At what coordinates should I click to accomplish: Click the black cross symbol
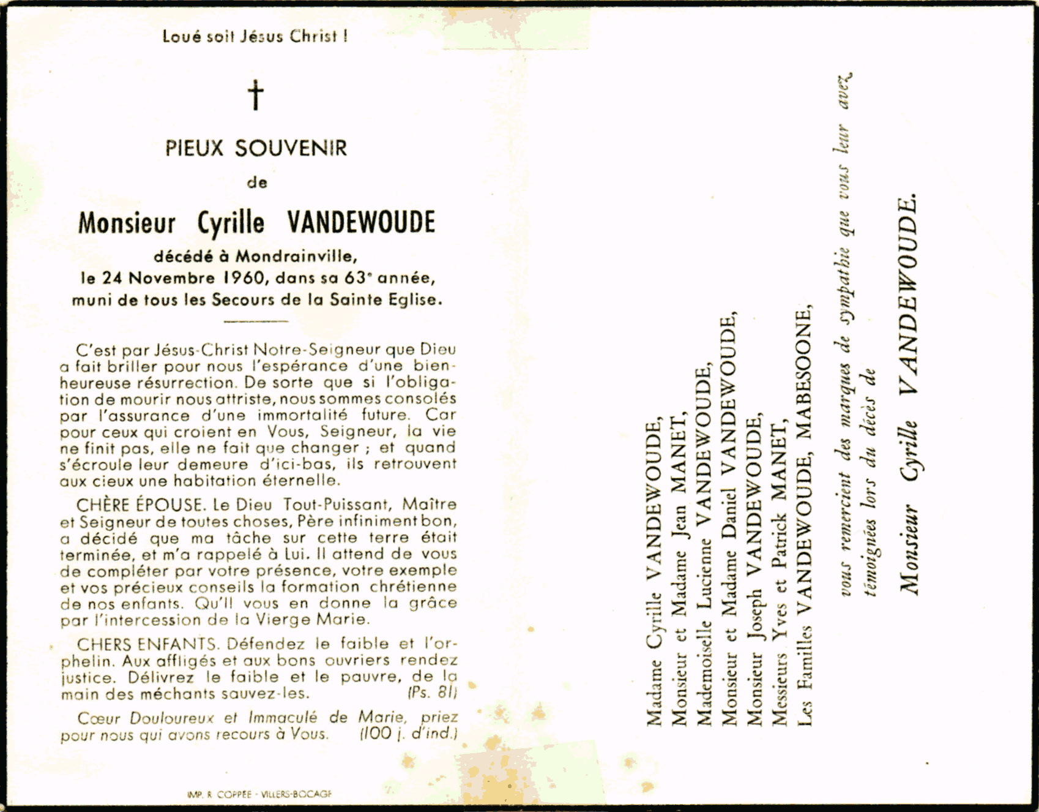coord(256,96)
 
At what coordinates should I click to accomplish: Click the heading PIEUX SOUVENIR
coord(256,148)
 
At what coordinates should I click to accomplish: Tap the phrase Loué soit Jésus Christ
coord(255,36)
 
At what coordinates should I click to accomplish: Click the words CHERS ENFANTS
coord(147,644)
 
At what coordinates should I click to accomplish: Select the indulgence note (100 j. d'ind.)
coord(408,734)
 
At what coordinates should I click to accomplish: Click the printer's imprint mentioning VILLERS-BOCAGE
coord(259,794)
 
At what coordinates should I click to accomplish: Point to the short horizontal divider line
coord(256,321)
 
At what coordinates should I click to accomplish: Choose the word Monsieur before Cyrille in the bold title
coord(127,224)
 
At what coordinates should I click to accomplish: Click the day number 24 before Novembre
coord(113,278)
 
